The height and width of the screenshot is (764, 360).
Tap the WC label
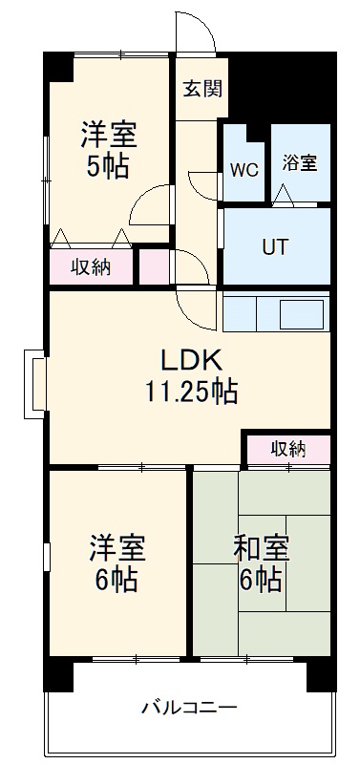pyautogui.click(x=244, y=172)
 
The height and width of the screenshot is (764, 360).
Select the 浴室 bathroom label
pyautogui.click(x=299, y=162)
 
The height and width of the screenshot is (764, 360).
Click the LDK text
pyautogui.click(x=190, y=360)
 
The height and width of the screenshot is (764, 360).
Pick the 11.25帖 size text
pyautogui.click(x=191, y=391)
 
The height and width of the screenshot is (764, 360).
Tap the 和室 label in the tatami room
pyautogui.click(x=261, y=549)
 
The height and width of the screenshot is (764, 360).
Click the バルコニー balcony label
pyautogui.click(x=190, y=708)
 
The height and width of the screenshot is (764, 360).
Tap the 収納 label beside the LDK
pyautogui.click(x=287, y=448)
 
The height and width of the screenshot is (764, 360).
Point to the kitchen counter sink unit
pyautogui.click(x=275, y=312)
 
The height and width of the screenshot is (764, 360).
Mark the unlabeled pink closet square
pyautogui.click(x=156, y=266)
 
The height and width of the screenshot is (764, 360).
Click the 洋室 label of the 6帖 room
pyautogui.click(x=117, y=549)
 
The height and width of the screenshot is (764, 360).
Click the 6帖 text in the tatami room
pyautogui.click(x=261, y=579)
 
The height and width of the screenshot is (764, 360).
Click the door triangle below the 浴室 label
pyautogui.click(x=283, y=195)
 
